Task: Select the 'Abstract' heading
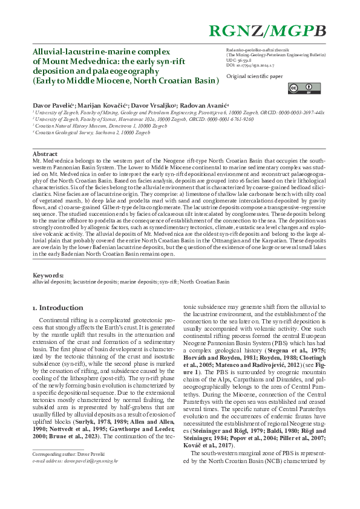[x=45, y=154]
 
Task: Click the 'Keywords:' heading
[x=48, y=275]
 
